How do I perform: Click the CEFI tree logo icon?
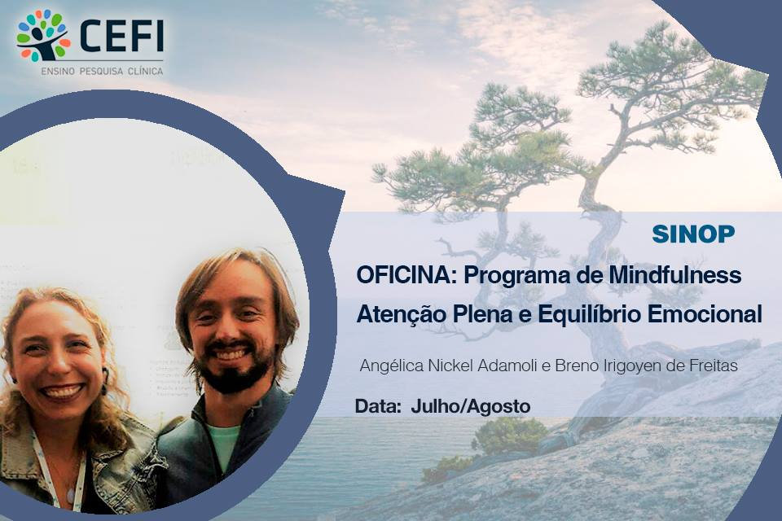[x=43, y=35]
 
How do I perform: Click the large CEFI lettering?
[x=121, y=36]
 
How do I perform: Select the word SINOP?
[x=693, y=234]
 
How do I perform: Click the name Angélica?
[x=392, y=366]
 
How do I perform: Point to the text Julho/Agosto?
[x=470, y=407]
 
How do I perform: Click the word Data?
[x=378, y=407]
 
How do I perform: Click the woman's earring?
[x=105, y=381]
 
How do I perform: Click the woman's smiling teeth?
[x=62, y=391]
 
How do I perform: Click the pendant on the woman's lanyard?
[x=71, y=496]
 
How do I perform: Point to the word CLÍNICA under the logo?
[x=146, y=72]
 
